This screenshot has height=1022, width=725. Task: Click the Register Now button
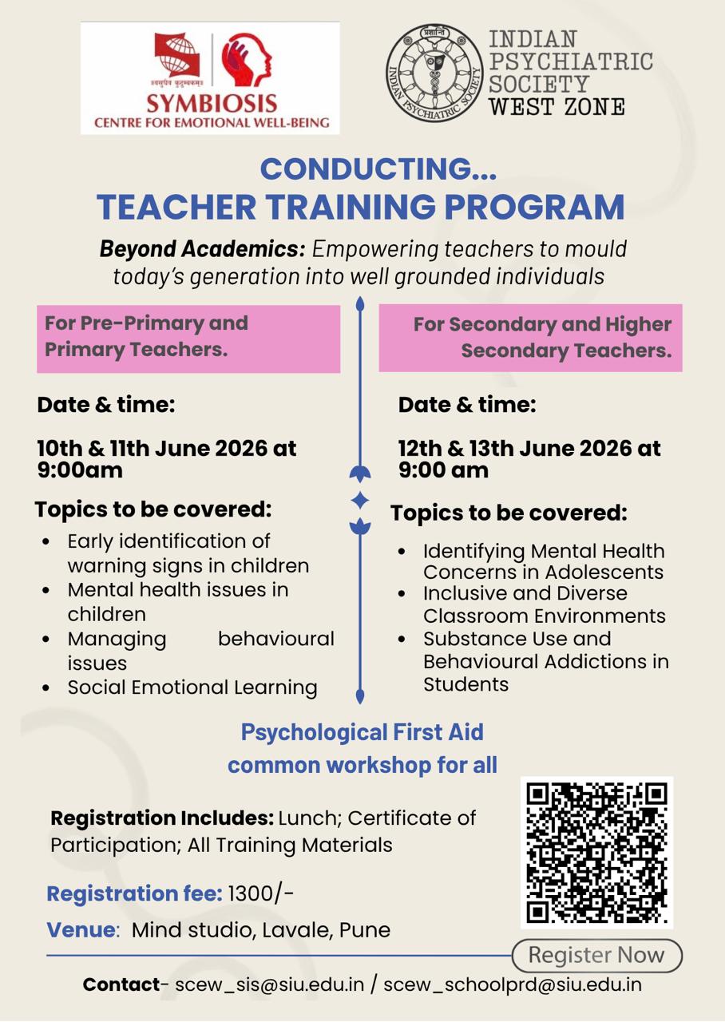[x=596, y=956]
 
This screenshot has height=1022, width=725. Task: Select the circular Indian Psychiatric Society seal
[x=434, y=73]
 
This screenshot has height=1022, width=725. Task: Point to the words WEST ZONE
[x=557, y=107]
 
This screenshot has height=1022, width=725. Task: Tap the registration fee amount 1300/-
[x=260, y=893]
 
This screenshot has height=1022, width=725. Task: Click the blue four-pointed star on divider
[x=360, y=500]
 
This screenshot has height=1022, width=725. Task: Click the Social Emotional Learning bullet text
[x=192, y=687]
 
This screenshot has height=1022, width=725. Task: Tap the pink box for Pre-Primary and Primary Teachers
[x=188, y=339]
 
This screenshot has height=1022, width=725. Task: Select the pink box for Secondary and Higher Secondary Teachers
[x=531, y=338]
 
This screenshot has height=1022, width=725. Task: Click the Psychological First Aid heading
[x=362, y=732]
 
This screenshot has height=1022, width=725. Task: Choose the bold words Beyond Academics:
[x=202, y=249]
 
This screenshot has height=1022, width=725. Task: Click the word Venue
[x=81, y=930]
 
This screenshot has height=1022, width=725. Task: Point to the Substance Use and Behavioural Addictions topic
[x=546, y=662]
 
